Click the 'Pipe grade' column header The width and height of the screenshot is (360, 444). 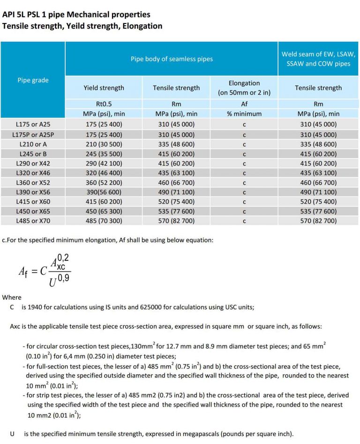[33, 80]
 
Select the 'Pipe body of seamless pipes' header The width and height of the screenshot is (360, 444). [172, 59]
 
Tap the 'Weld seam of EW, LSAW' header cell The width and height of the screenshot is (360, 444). [318, 59]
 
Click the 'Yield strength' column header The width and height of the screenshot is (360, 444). [104, 88]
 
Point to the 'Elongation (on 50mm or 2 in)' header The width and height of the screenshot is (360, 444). [244, 88]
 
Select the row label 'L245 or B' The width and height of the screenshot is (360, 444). [33, 153]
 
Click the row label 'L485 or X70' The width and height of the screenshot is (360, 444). [33, 220]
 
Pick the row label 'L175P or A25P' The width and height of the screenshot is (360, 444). [33, 134]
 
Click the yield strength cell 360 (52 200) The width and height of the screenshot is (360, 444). [104, 182]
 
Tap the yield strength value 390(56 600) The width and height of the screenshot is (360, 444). [104, 192]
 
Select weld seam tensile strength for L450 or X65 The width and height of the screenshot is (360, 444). [318, 211]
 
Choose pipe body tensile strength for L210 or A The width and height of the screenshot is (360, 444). [176, 144]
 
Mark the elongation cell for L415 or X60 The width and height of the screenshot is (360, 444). [244, 202]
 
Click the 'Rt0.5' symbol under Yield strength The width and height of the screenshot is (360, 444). [104, 104]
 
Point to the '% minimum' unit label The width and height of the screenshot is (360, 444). [244, 113]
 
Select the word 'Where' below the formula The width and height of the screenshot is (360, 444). [12, 297]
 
